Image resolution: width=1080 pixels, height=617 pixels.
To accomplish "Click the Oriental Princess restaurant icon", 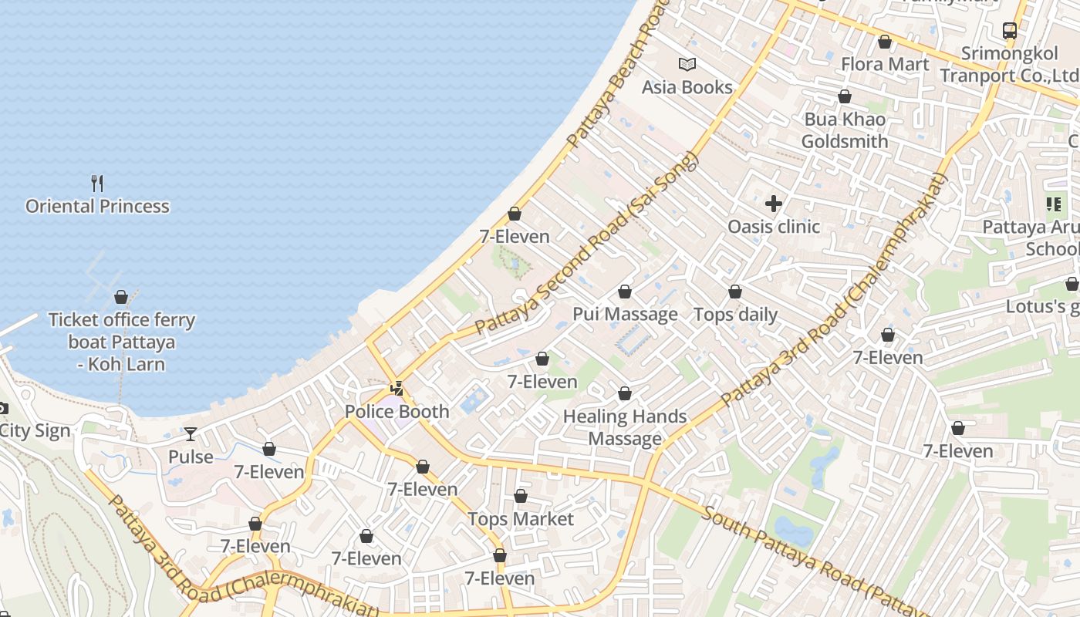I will pos(97,184).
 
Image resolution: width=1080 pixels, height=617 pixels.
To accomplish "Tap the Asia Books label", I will pos(687,87).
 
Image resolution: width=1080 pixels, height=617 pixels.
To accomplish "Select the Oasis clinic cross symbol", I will pos(774,204).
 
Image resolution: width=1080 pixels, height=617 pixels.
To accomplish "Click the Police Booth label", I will pos(397,412).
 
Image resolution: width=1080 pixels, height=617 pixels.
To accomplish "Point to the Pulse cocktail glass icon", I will pos(191,434).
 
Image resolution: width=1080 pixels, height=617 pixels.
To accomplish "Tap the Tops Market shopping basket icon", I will pos(521,496).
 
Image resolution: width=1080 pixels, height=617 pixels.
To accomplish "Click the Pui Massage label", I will pos(625,315).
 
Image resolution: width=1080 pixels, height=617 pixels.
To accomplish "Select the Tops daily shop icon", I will pos(735,292).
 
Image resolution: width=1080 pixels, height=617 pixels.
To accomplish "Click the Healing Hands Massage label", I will pos(625,427).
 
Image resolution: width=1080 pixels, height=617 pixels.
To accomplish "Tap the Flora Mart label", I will pos(885,64).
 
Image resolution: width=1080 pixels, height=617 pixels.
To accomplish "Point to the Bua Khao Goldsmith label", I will pos(845,130).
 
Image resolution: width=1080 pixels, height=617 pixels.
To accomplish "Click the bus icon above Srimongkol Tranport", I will pos(1009,31).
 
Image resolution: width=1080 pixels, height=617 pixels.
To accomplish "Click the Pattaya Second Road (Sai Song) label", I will pos(587,244).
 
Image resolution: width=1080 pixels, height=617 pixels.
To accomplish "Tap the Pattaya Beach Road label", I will pos(617,77).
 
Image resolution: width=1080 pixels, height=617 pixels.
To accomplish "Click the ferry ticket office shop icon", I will pos(121,297).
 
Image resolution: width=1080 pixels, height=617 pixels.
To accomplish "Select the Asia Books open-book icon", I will pos(687,64).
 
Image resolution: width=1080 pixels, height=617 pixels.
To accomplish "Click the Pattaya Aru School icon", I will pos(1053,204).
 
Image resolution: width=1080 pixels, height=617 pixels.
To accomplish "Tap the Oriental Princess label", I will pos(97,207).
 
